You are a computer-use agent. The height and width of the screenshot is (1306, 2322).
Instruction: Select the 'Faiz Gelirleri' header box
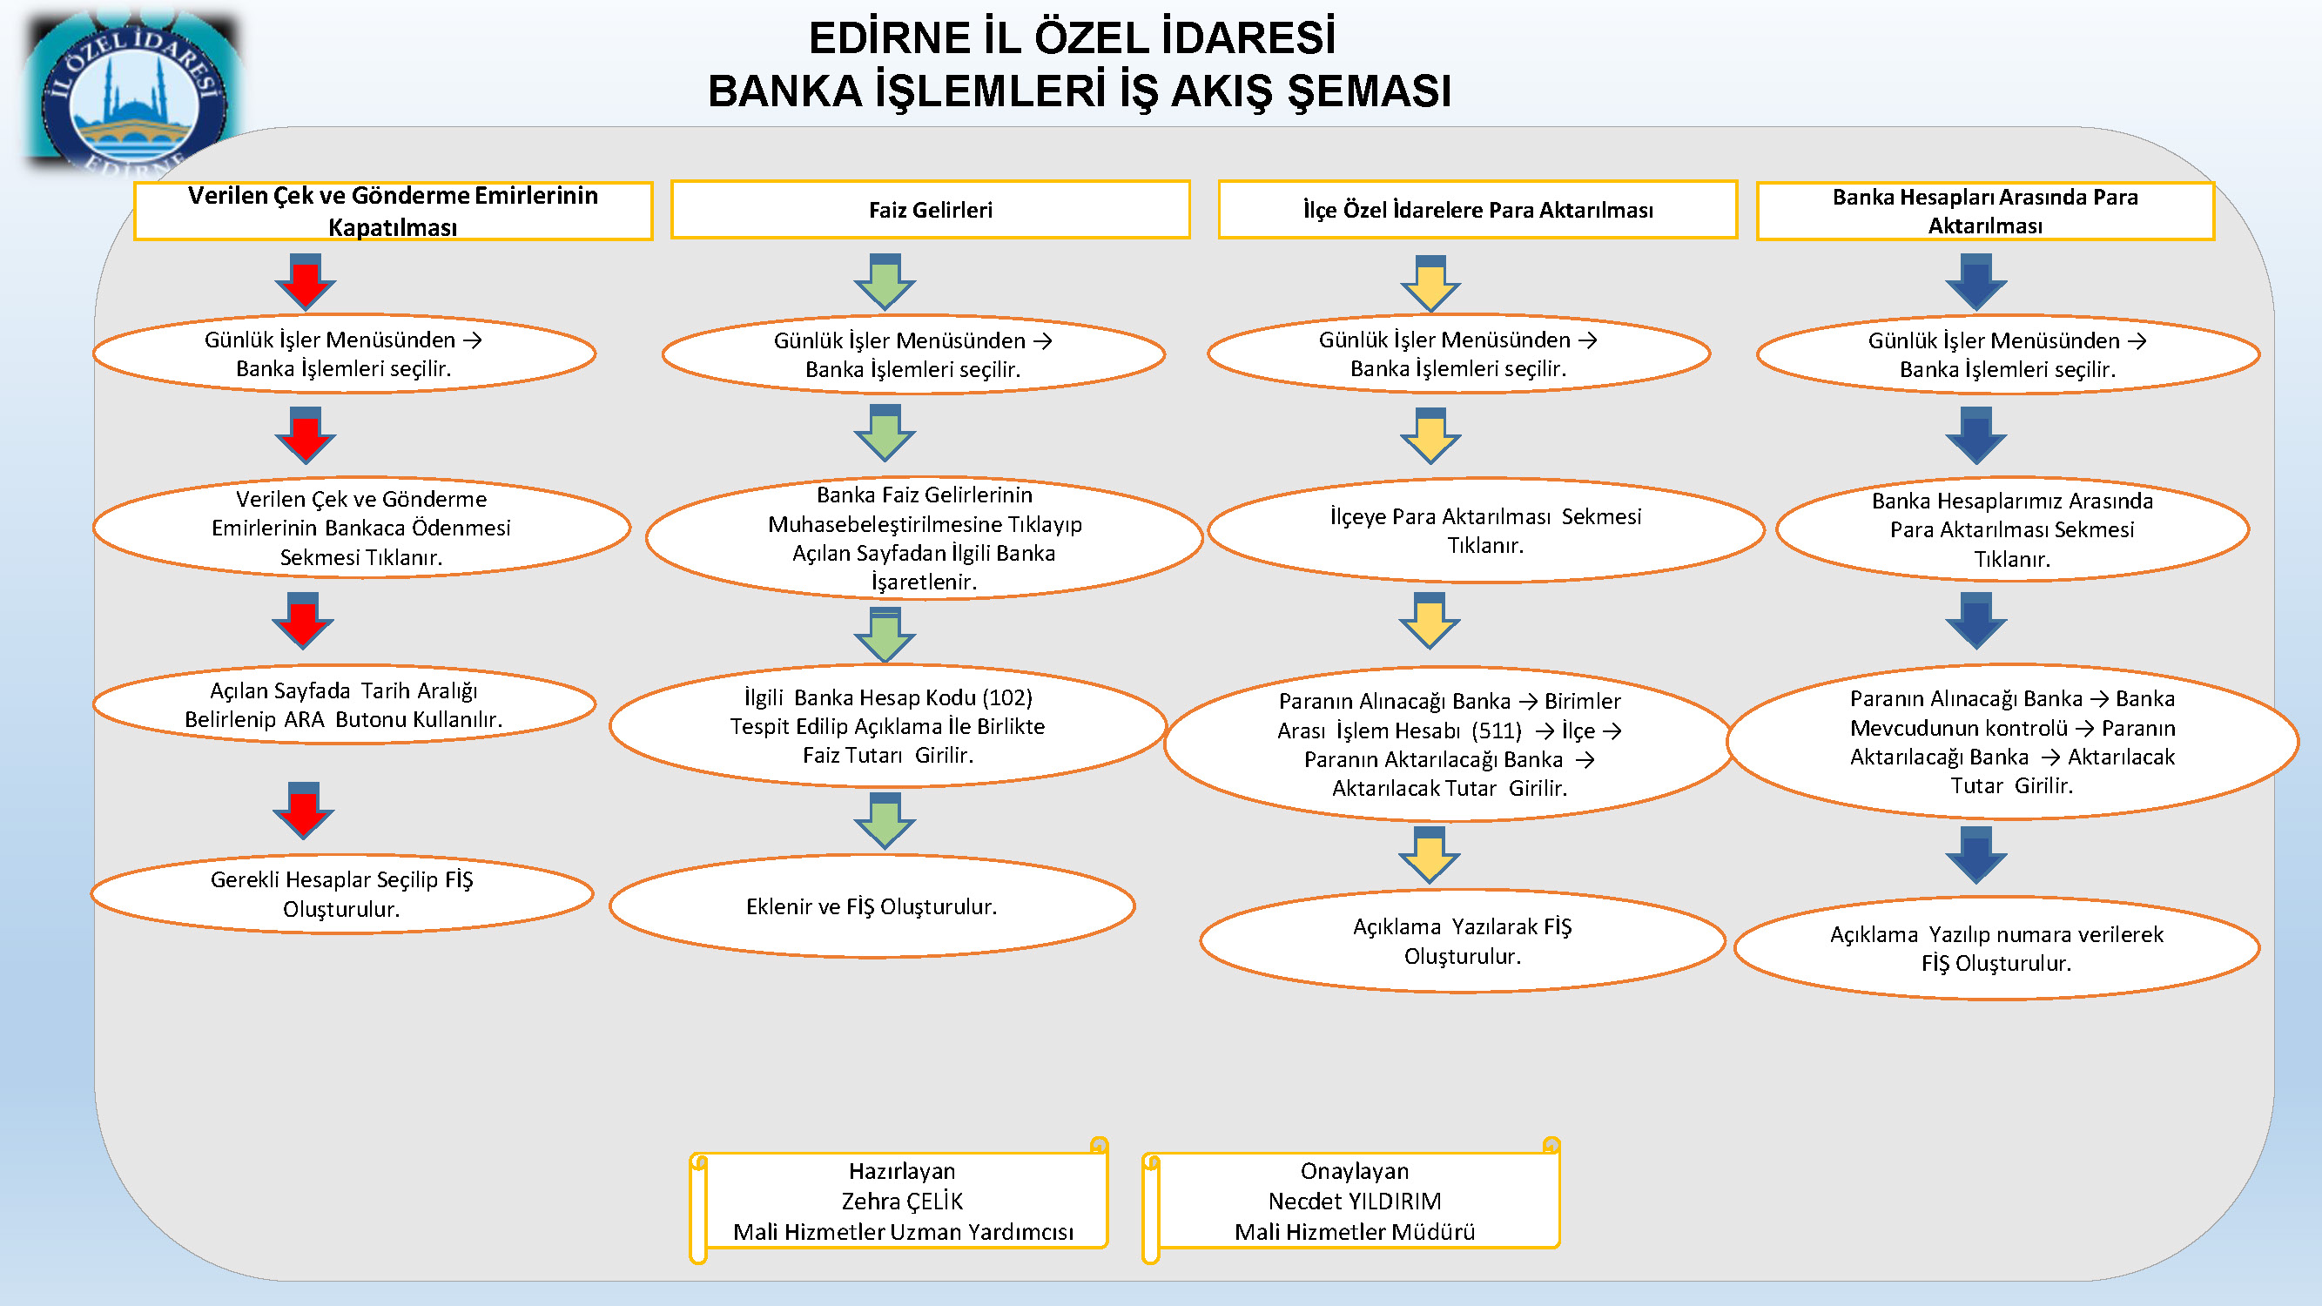(x=930, y=210)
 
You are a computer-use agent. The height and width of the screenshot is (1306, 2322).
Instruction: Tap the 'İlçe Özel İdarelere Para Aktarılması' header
(x=1477, y=210)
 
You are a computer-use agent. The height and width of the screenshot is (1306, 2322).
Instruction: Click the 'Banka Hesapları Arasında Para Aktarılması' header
(x=1985, y=211)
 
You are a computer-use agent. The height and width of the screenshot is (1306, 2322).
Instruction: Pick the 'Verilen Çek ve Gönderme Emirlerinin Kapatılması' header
(x=393, y=211)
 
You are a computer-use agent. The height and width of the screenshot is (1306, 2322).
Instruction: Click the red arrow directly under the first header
(x=306, y=282)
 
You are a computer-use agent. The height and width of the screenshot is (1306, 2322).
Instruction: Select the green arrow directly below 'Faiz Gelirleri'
(x=885, y=282)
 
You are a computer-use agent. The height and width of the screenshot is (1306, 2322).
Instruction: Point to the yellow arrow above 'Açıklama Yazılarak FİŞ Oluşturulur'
(x=1430, y=854)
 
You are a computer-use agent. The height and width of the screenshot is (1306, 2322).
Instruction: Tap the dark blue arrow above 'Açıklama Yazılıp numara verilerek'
(x=1975, y=854)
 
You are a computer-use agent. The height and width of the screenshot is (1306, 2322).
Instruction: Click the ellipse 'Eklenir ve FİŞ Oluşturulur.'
(x=872, y=905)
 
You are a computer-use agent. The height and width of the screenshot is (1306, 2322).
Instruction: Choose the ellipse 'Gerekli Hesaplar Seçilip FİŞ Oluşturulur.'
(x=341, y=893)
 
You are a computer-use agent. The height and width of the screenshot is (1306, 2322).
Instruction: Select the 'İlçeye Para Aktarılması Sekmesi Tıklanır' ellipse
(x=1485, y=530)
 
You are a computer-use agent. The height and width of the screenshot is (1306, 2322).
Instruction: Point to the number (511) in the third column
(x=1497, y=730)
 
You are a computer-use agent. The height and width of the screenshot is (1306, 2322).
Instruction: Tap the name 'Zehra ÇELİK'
(x=902, y=1201)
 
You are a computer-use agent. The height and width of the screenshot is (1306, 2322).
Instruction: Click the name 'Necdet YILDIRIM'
(x=1355, y=1201)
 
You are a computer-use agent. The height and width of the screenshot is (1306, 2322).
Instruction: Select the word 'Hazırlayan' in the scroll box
(x=902, y=1171)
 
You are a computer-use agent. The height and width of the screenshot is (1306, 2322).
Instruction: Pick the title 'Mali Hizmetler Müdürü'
(x=1355, y=1231)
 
